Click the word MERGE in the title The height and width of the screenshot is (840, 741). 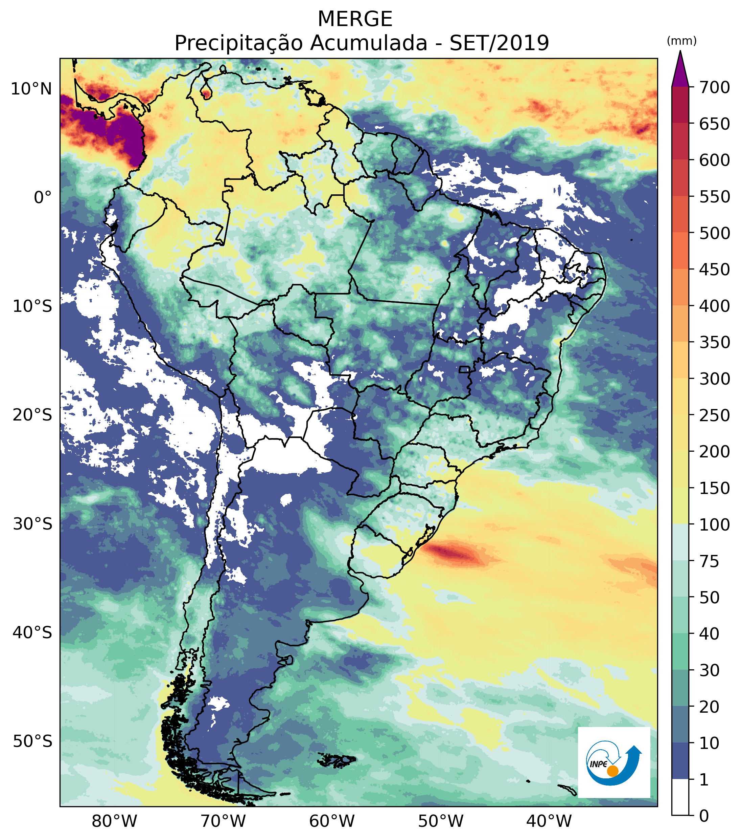pos(355,19)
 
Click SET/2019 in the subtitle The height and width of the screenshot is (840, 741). pos(499,43)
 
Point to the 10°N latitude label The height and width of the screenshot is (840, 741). pos(31,89)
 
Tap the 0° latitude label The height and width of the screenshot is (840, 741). pos(43,197)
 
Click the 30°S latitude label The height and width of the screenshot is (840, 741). pos(32,524)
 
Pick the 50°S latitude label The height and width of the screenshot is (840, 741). pos(32,742)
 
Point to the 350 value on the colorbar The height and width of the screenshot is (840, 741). pos(715,342)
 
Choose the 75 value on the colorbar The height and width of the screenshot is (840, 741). pos(710,561)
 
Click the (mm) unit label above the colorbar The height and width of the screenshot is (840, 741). pos(681,41)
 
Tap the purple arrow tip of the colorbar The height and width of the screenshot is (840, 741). pos(680,52)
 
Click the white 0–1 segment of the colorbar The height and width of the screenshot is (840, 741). pos(680,797)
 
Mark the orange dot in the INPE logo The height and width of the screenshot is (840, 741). pos(612,771)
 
